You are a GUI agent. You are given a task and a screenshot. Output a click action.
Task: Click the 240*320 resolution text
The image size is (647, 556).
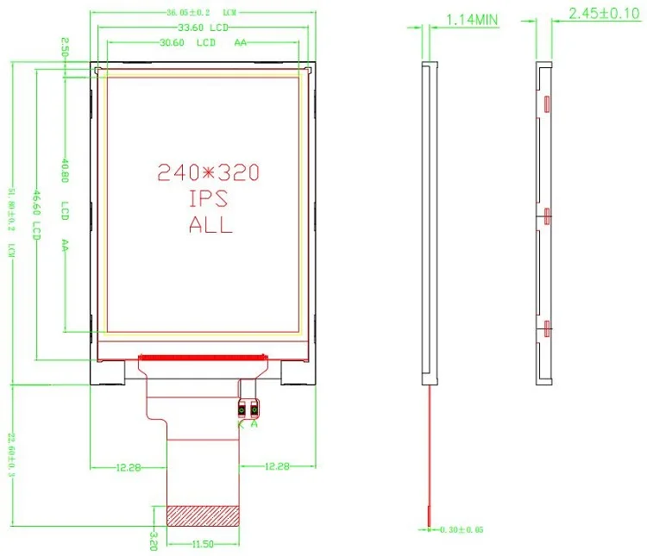pos(208,173)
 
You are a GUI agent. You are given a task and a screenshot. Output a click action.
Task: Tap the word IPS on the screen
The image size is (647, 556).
pos(208,199)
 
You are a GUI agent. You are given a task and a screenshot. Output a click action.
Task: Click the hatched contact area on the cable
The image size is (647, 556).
pos(202,515)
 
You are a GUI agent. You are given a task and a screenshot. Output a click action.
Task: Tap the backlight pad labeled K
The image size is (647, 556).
pos(243,410)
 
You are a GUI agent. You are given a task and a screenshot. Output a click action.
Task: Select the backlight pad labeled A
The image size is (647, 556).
pos(255,410)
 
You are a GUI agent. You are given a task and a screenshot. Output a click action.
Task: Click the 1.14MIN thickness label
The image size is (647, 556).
pos(472,18)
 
